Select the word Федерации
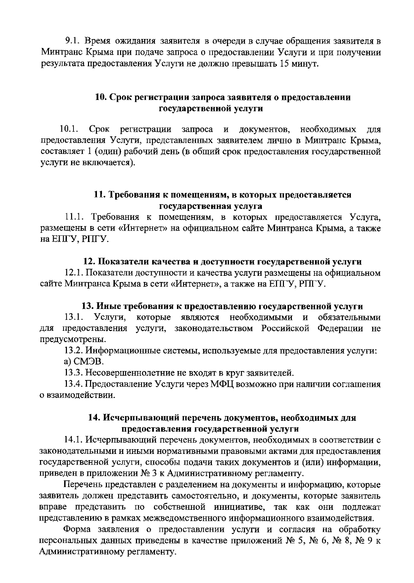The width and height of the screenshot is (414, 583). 340,328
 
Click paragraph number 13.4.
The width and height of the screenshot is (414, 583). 72,384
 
